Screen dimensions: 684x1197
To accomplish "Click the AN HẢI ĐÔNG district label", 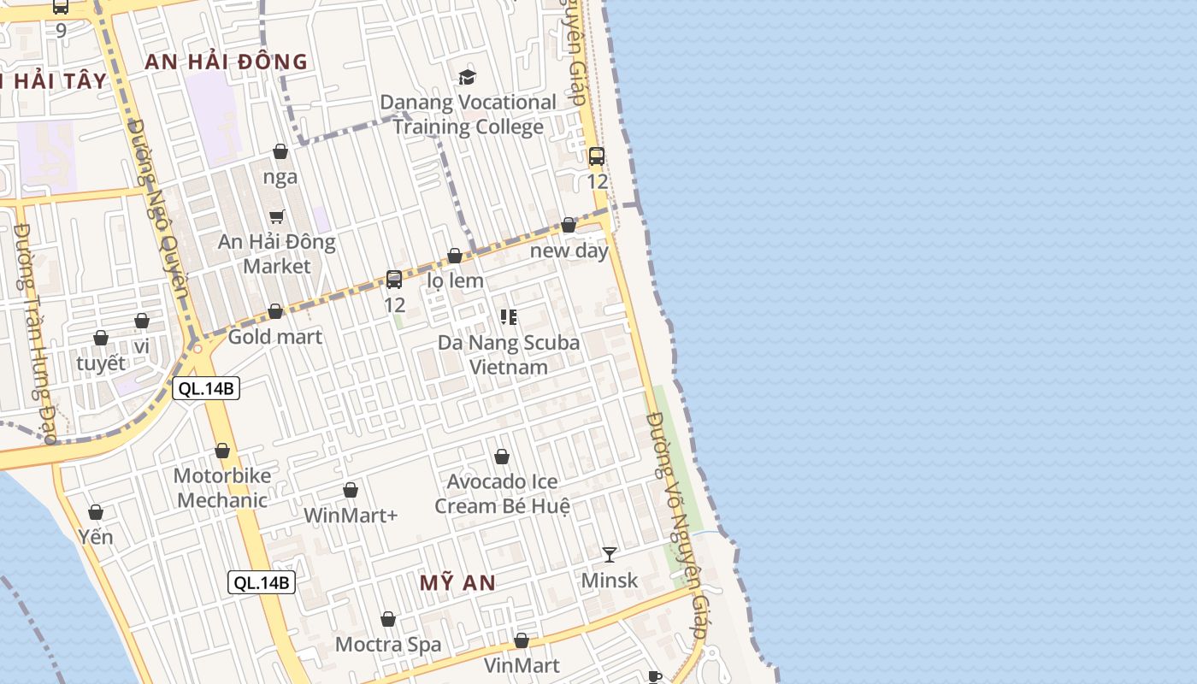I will point(226,62).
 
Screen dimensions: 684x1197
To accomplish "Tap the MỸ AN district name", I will point(457,583).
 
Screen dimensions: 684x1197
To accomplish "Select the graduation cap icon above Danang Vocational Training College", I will point(467,77).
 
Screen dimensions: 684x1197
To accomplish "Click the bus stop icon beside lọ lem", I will point(394,279).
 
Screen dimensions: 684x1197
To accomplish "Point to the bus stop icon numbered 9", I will point(61,7).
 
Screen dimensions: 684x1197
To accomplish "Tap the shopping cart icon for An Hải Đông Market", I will point(276,217).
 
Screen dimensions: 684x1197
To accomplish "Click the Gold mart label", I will point(274,337).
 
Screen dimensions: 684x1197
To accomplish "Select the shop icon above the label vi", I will point(142,321).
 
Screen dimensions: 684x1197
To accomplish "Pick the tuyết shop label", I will point(101,363).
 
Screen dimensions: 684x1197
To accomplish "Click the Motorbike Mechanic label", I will point(222,488).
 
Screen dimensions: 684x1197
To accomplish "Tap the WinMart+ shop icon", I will point(351,490).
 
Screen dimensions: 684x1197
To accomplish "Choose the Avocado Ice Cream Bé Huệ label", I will point(502,494).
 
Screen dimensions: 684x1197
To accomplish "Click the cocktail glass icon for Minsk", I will point(609,555).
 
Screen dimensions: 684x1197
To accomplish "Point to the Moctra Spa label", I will point(388,645).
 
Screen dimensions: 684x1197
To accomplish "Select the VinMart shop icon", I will point(522,640).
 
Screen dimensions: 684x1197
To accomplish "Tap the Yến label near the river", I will point(96,538).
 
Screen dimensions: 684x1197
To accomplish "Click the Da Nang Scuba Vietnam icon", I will point(509,317).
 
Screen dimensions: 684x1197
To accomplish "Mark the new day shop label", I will point(569,251).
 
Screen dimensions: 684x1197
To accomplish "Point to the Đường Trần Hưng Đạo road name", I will point(35,333).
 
